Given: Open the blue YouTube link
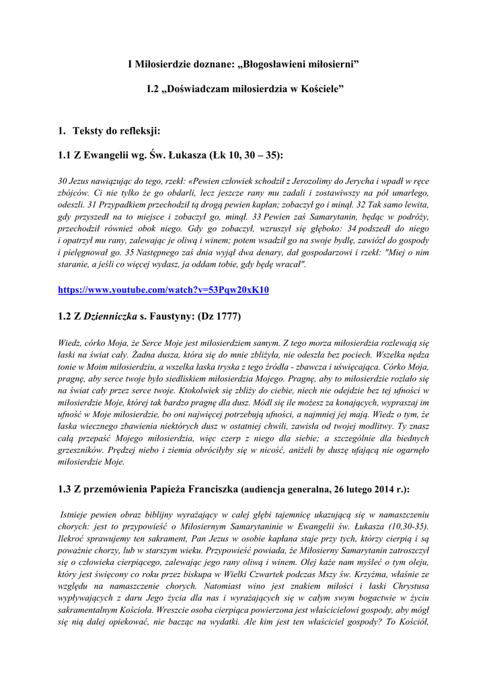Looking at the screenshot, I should click(163, 290).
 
